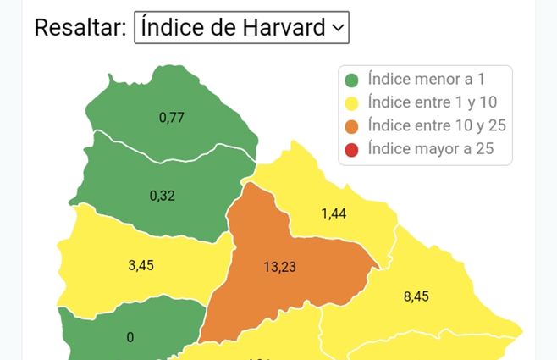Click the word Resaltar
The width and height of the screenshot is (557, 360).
tap(80, 27)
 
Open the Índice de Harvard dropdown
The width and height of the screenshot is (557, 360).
tap(241, 27)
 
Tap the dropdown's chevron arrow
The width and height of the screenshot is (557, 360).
tap(338, 28)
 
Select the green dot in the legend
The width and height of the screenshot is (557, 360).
tap(352, 81)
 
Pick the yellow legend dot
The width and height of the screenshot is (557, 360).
tap(352, 104)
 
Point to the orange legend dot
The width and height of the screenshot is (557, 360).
tap(352, 127)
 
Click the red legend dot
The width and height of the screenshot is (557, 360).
tap(352, 150)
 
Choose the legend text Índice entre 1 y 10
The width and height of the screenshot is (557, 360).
tap(433, 103)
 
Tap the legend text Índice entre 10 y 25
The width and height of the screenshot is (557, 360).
tap(436, 126)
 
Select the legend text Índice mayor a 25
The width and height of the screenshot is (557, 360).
tap(429, 149)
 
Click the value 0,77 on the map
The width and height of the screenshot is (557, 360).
tap(172, 118)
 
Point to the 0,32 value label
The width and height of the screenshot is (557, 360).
tap(162, 196)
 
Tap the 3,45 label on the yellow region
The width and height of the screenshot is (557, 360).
tap(141, 265)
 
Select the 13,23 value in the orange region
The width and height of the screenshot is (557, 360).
tap(280, 267)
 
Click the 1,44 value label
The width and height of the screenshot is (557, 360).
tap(334, 214)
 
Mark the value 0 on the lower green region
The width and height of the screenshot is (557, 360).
tap(130, 337)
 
